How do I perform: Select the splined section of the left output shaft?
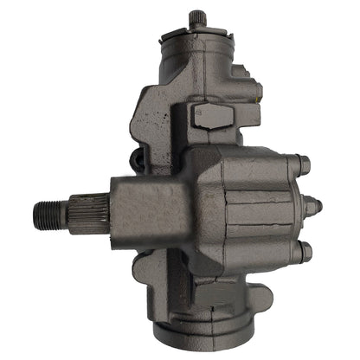[x=87, y=212]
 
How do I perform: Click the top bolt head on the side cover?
[x=303, y=163]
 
